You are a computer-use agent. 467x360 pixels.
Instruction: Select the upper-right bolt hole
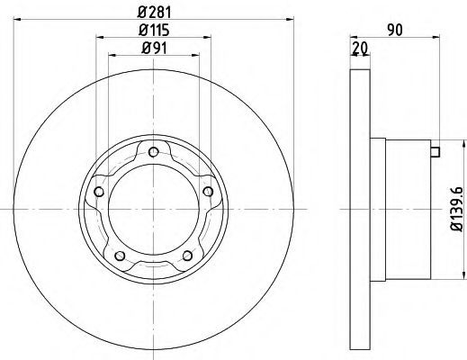pyautogui.click(x=210, y=191)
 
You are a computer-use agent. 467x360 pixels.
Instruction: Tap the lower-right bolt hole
pyautogui.click(x=189, y=256)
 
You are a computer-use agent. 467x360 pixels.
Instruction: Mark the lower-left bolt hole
pyautogui.click(x=120, y=256)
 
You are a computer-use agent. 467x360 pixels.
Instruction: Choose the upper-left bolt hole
pyautogui.click(x=99, y=191)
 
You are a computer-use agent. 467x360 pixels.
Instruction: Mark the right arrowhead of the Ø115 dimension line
pyautogui.click(x=211, y=37)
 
